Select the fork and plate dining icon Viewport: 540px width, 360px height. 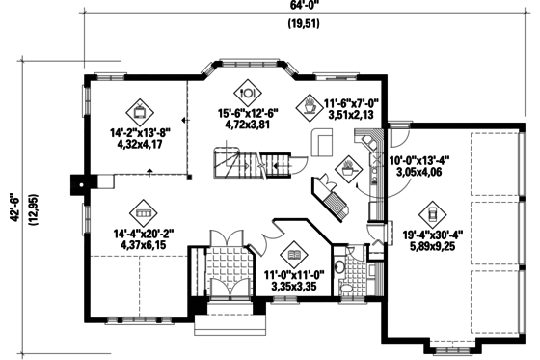tap(246, 93)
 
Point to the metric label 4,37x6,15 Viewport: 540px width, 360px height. tap(140, 244)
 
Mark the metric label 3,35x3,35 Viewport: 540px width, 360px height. tap(295, 287)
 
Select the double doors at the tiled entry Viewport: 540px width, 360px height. tap(227, 237)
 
